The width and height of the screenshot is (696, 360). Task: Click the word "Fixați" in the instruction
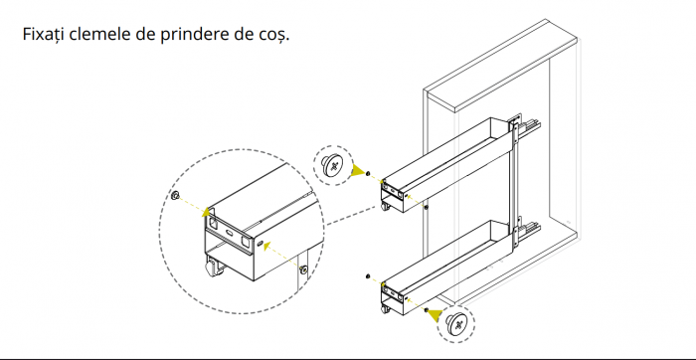coord(44,34)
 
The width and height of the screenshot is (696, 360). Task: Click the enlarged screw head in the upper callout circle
coord(333,165)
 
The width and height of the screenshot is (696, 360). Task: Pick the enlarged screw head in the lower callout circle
coord(456,323)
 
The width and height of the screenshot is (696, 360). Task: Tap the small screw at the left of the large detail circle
coord(174,195)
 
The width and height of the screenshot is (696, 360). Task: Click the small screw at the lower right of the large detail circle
coord(303,269)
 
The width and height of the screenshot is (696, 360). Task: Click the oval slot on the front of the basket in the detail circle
coord(231,232)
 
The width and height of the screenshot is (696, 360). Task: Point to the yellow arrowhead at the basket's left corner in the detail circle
coord(207,211)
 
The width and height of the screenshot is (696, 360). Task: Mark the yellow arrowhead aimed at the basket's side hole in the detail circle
coord(266,246)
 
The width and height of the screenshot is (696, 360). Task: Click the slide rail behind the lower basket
coord(530,232)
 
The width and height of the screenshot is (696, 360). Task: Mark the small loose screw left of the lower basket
coord(368,276)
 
